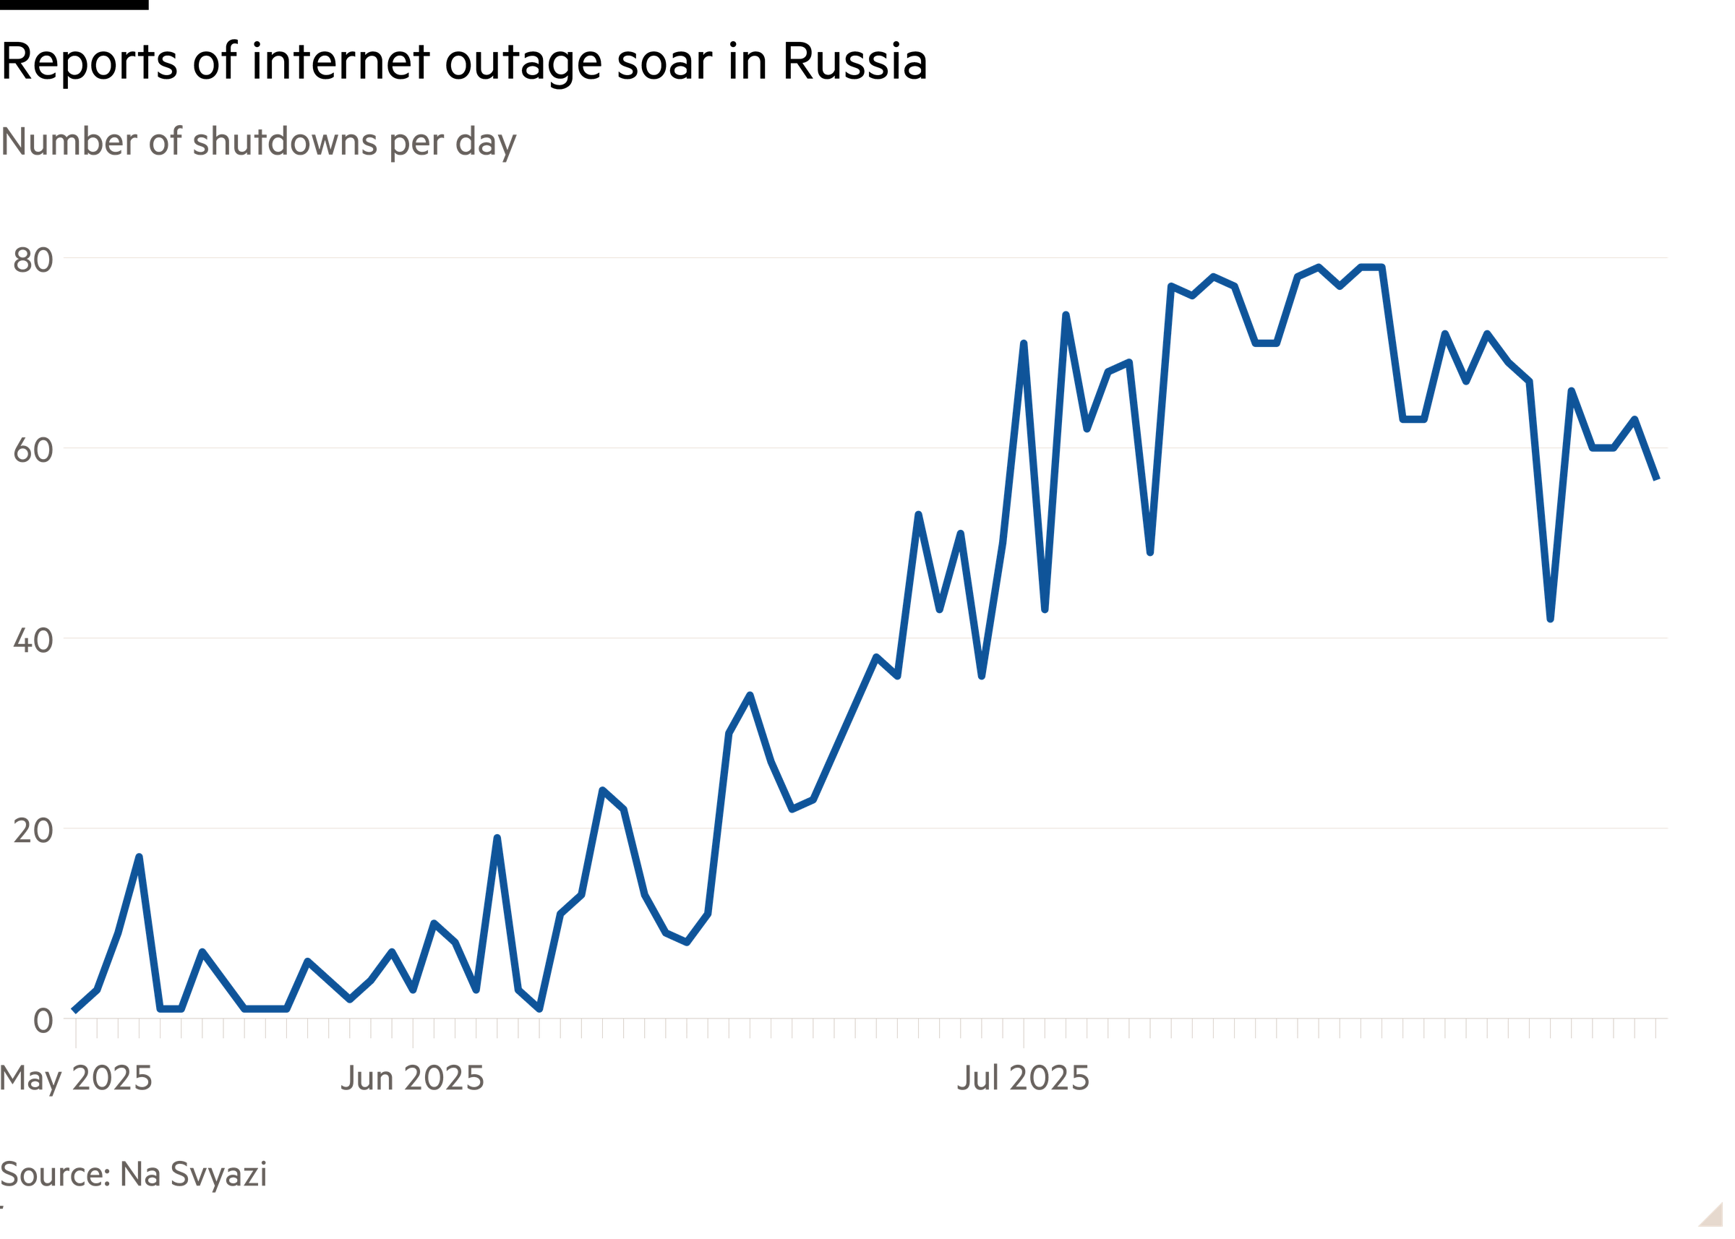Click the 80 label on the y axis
click(33, 261)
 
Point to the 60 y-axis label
click(33, 451)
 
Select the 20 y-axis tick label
click(33, 831)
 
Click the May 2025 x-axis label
click(77, 1079)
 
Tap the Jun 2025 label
click(413, 1079)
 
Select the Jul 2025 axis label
click(1023, 1079)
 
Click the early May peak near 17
click(139, 857)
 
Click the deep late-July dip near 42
click(1551, 619)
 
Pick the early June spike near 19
click(497, 838)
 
